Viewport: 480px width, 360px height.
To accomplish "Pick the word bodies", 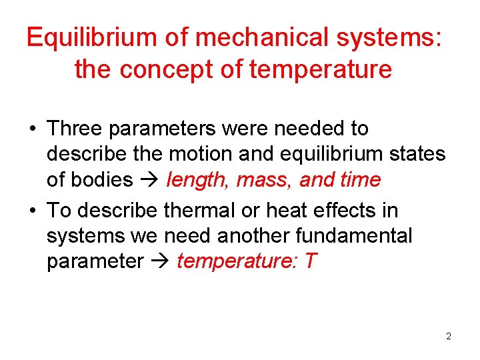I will pos(103,180).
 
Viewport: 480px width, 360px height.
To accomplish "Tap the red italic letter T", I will pos(311,261).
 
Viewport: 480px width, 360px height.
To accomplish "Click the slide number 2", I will pos(449,336).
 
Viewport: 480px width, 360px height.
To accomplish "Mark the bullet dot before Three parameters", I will pos(32,128).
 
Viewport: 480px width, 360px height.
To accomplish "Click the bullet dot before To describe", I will pos(32,211).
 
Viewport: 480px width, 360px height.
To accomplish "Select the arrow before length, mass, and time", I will pos(149,181).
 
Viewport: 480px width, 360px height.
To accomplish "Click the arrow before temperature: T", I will pos(159,262).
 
